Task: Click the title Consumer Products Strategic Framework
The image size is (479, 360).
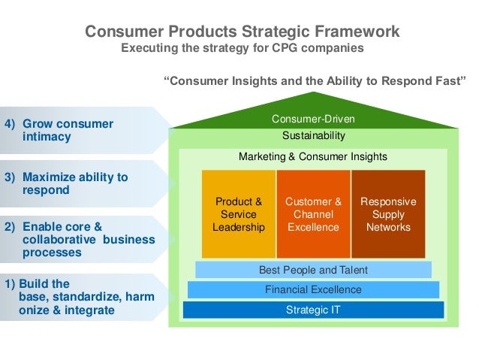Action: (x=242, y=32)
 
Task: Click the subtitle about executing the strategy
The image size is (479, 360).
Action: (x=242, y=47)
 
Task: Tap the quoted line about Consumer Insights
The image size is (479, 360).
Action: (x=315, y=80)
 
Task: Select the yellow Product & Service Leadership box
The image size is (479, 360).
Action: (x=239, y=214)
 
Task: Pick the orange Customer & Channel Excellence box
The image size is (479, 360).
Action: (x=313, y=214)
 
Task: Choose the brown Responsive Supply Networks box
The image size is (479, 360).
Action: (x=388, y=214)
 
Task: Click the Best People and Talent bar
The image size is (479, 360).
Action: (x=313, y=270)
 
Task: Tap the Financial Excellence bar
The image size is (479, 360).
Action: (x=313, y=289)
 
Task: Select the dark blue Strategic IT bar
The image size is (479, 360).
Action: (x=313, y=309)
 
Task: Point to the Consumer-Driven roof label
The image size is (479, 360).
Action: (x=313, y=119)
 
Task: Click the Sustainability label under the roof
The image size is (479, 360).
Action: (x=313, y=136)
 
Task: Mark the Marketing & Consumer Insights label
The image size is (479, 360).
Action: (x=313, y=157)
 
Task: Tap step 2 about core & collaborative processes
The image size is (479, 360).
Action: (x=79, y=239)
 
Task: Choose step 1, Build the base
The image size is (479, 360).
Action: (x=78, y=297)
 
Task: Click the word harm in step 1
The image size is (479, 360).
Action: (x=140, y=297)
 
